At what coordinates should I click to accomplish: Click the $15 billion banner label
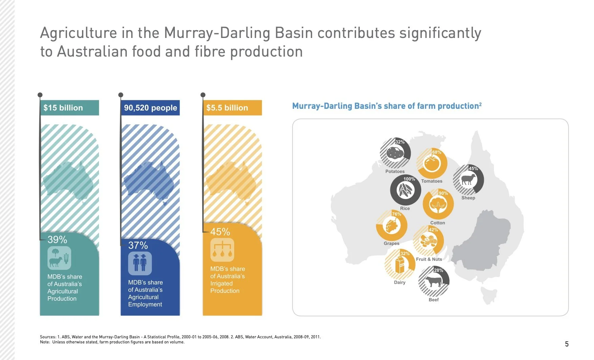pyautogui.click(x=63, y=108)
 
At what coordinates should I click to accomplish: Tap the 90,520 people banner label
pyautogui.click(x=150, y=108)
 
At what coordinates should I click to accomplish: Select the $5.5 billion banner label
pyautogui.click(x=227, y=108)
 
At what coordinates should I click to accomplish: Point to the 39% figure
pyautogui.click(x=57, y=240)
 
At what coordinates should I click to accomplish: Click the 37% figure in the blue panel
pyautogui.click(x=138, y=245)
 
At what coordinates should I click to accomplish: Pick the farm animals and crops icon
pyautogui.click(x=59, y=258)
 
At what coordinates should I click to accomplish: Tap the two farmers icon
pyautogui.click(x=140, y=263)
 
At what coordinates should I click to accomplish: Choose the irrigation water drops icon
pyautogui.click(x=222, y=250)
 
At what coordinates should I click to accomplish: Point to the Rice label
pyautogui.click(x=405, y=208)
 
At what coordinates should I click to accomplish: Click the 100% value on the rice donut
pyautogui.click(x=409, y=179)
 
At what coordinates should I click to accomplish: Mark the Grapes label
pyautogui.click(x=391, y=243)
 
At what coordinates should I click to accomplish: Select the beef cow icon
pyautogui.click(x=433, y=281)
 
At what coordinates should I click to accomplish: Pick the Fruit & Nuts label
pyautogui.click(x=429, y=259)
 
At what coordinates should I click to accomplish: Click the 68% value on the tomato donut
pyautogui.click(x=437, y=152)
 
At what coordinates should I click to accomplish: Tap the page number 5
pyautogui.click(x=567, y=344)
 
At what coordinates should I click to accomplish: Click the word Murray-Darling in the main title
pyautogui.click(x=217, y=33)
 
